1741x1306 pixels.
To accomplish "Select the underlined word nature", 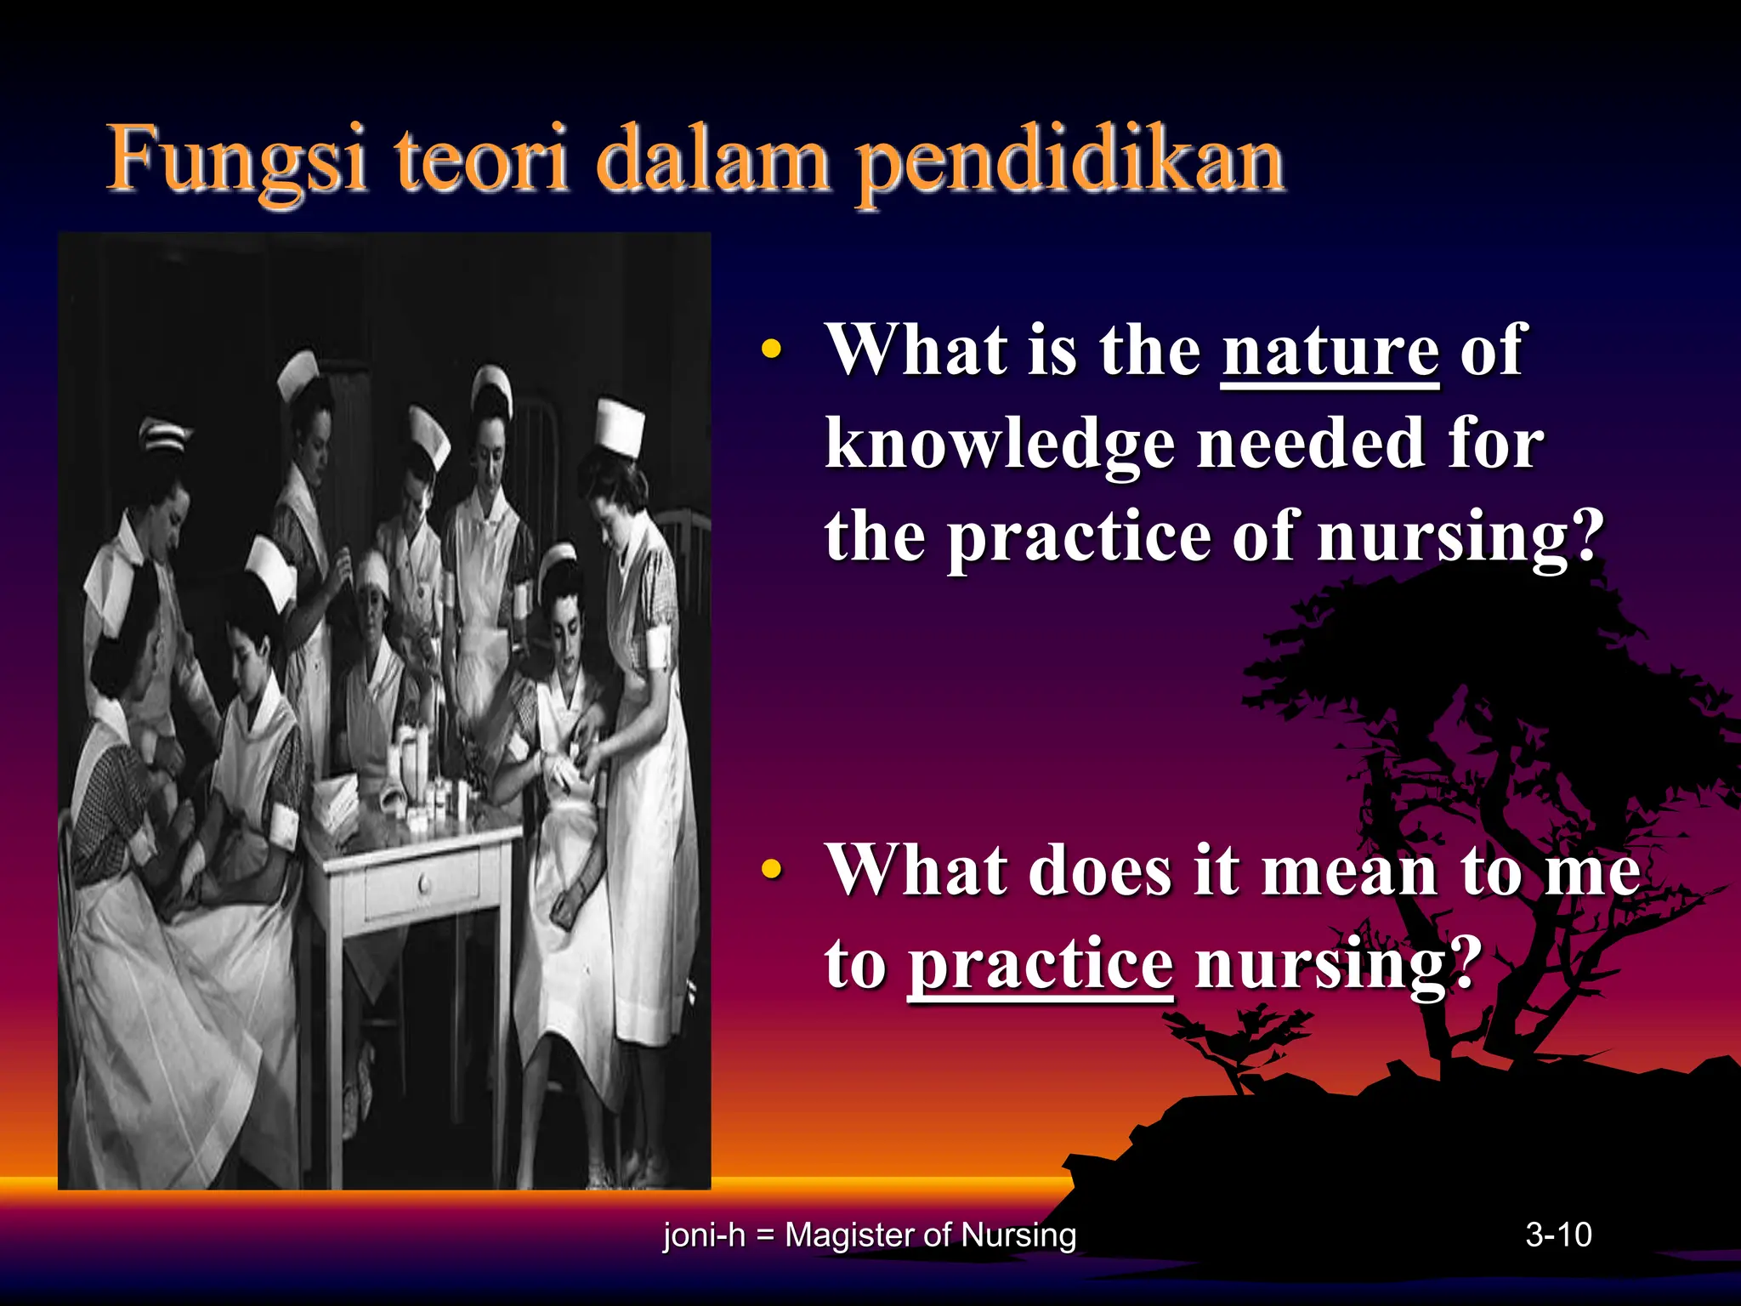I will pyautogui.click(x=1330, y=350).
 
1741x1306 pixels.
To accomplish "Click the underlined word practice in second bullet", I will pyautogui.click(x=1041, y=964).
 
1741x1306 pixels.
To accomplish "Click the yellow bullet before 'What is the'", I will pyautogui.click(x=771, y=349).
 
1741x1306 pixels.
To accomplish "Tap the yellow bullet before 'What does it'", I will pyautogui.click(x=771, y=869).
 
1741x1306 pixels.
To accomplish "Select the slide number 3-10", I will pyautogui.click(x=1557, y=1235).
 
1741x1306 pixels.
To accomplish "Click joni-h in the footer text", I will pyautogui.click(x=703, y=1235).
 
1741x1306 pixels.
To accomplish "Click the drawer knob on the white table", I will pyautogui.click(x=424, y=886).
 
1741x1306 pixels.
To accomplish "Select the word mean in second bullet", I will pyautogui.click(x=1349, y=871).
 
